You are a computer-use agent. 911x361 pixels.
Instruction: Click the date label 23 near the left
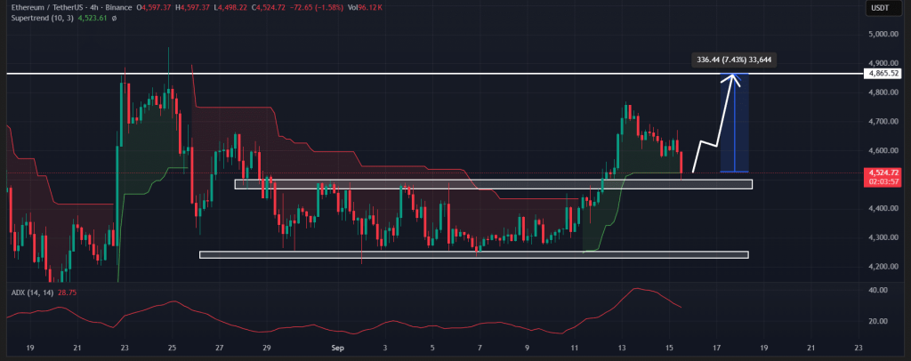click(125, 350)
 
